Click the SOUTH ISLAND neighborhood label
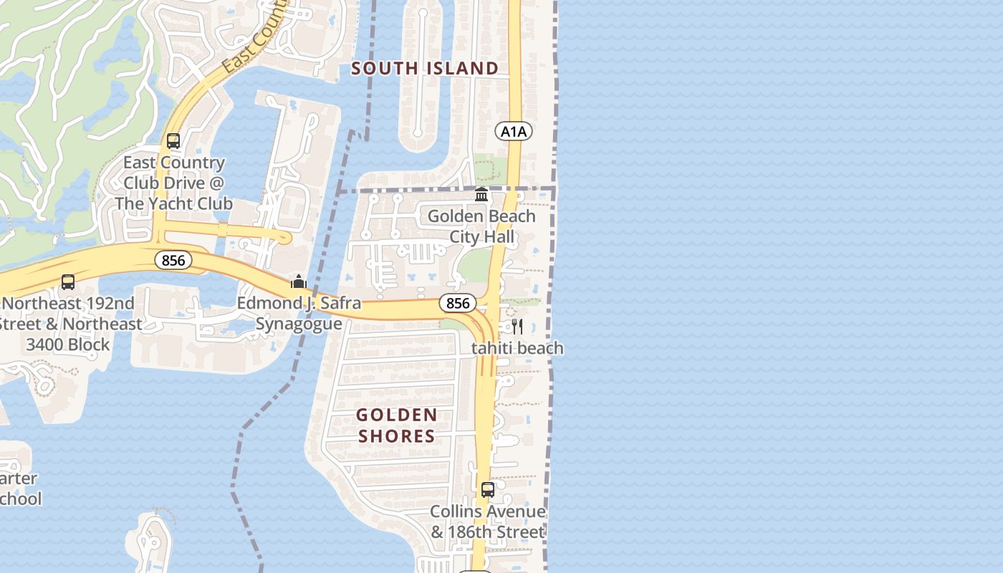click(x=425, y=68)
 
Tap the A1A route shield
click(x=513, y=131)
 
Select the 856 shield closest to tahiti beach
click(x=457, y=303)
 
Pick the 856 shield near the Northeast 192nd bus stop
click(x=173, y=260)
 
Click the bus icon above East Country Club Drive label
click(x=173, y=140)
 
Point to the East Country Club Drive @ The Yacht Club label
click(x=173, y=183)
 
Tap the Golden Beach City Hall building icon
click(x=481, y=195)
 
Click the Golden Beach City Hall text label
click(x=481, y=226)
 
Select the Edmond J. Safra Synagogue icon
click(x=299, y=281)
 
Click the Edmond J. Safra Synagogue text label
click(x=299, y=314)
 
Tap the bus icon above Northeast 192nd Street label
click(x=68, y=282)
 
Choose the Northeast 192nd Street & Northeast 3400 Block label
click(x=69, y=324)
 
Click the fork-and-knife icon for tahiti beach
click(x=517, y=327)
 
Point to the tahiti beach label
click(x=517, y=348)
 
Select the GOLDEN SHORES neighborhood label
click(x=396, y=425)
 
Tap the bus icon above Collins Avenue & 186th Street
click(x=488, y=490)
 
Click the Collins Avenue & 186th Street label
click(x=488, y=522)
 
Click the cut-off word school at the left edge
click(x=20, y=499)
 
